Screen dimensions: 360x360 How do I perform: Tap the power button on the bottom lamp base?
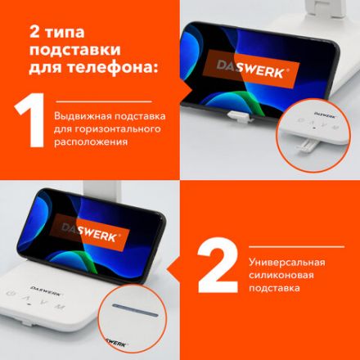tap(10, 295)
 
